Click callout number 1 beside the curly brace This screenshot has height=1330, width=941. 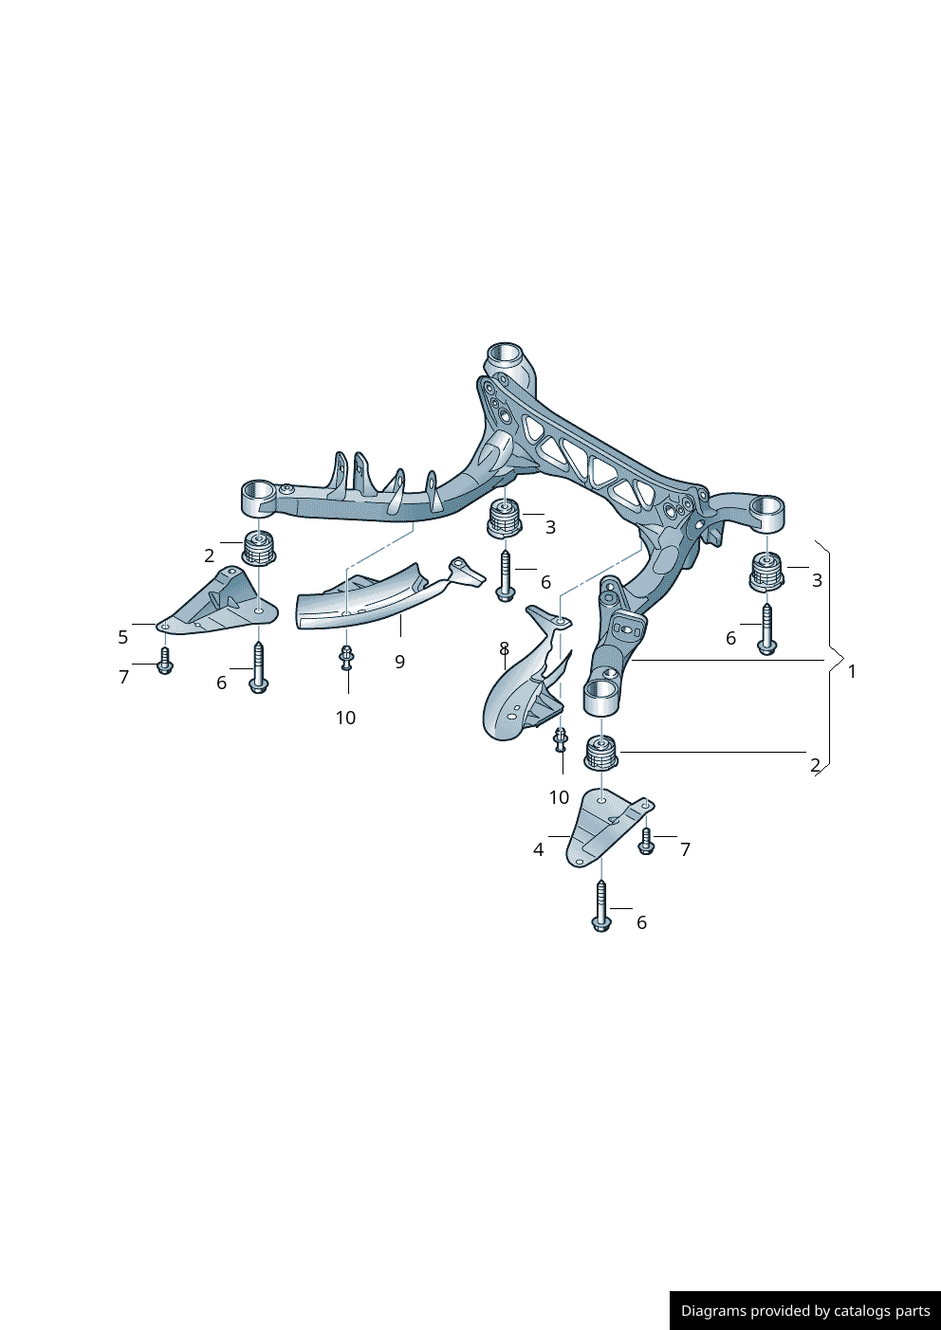pyautogui.click(x=852, y=671)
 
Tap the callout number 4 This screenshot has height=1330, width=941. pyautogui.click(x=538, y=849)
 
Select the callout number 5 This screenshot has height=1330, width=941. pyautogui.click(x=122, y=637)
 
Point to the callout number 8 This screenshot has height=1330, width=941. pyautogui.click(x=504, y=648)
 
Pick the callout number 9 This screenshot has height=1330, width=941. pyautogui.click(x=399, y=662)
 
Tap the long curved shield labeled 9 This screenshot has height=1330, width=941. pyautogui.click(x=370, y=597)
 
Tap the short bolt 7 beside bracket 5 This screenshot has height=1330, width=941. pyautogui.click(x=164, y=661)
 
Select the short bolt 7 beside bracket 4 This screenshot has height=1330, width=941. pyautogui.click(x=646, y=841)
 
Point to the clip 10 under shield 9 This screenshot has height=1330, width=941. pyautogui.click(x=346, y=656)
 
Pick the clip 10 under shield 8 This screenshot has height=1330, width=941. pyautogui.click(x=561, y=738)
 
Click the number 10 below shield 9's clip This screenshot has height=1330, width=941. pyautogui.click(x=345, y=718)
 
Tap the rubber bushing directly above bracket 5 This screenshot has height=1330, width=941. pyautogui.click(x=259, y=548)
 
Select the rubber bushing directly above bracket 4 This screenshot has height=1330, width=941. pyautogui.click(x=600, y=753)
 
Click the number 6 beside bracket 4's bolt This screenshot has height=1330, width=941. pyautogui.click(x=641, y=922)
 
